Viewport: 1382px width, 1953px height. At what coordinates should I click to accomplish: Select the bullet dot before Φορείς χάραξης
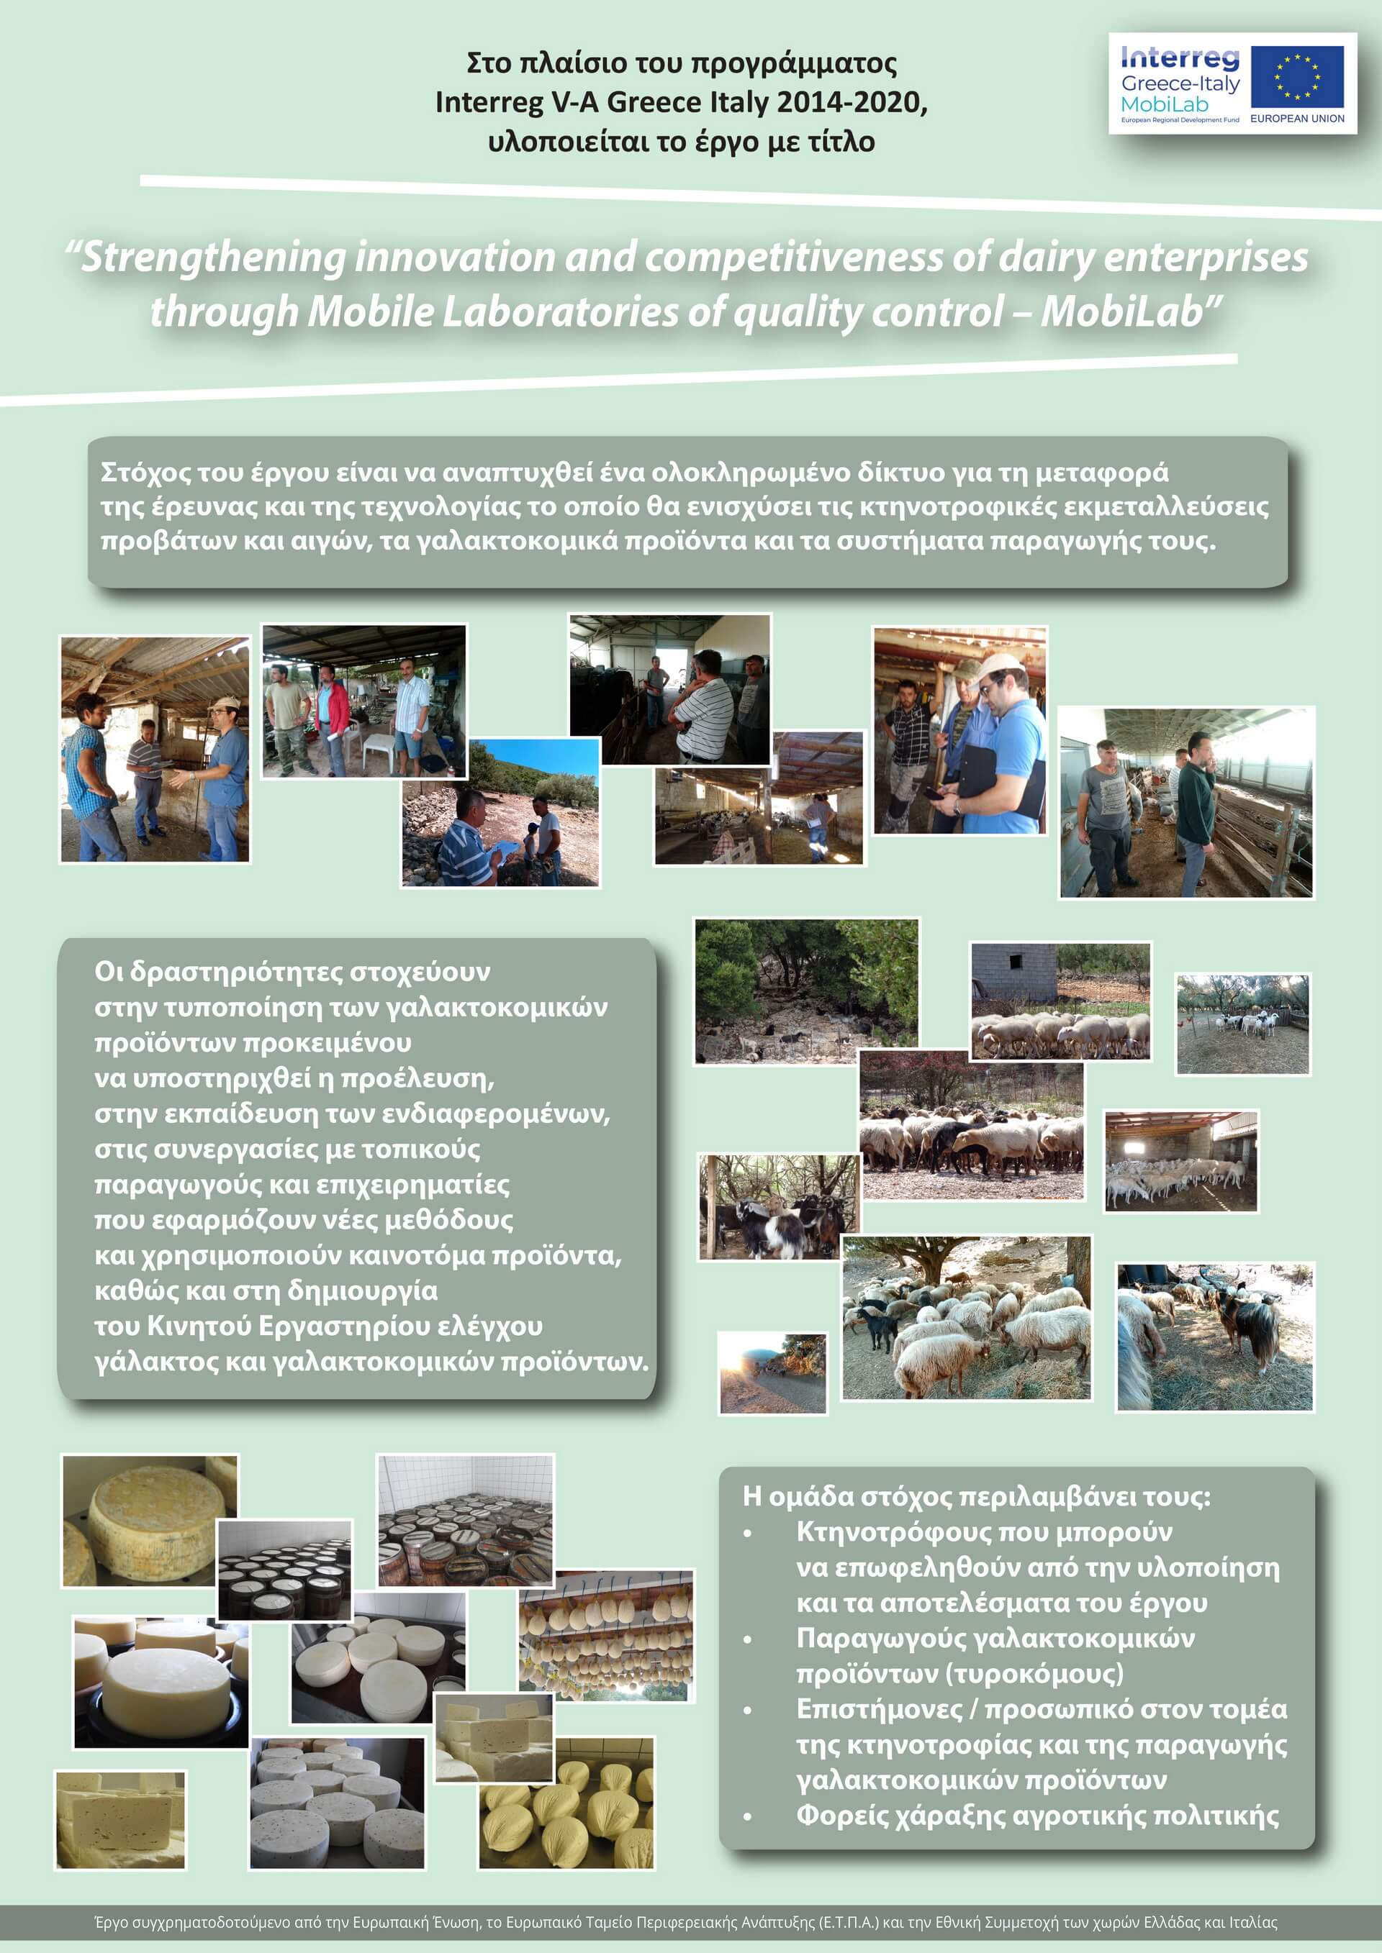point(747,1816)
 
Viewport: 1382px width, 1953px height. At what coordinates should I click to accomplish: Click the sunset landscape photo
point(772,1373)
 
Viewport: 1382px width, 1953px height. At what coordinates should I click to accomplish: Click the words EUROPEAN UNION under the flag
point(1297,118)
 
